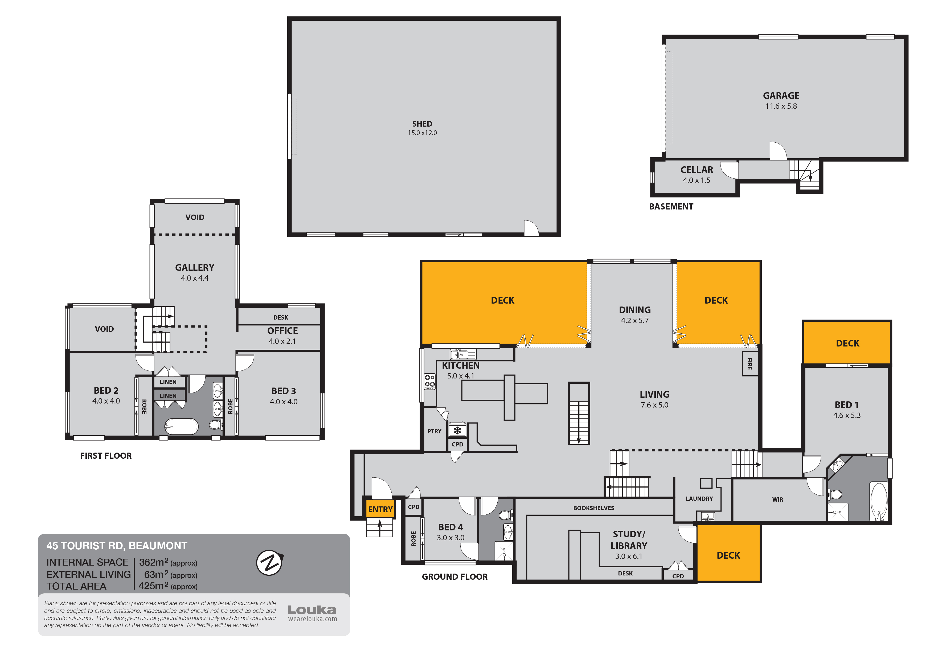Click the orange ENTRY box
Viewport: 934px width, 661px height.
[380, 509]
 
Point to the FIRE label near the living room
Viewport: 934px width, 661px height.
[749, 364]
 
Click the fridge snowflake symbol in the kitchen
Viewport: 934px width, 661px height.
[457, 430]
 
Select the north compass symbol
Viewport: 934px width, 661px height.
[269, 563]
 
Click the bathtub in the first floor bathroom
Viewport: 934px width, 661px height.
[181, 427]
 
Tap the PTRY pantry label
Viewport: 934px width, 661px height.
[434, 431]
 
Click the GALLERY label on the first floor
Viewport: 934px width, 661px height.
[194, 268]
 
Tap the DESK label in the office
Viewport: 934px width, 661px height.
[280, 317]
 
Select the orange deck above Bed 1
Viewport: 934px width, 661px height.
[847, 343]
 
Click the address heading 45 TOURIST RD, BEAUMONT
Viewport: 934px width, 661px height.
[117, 546]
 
